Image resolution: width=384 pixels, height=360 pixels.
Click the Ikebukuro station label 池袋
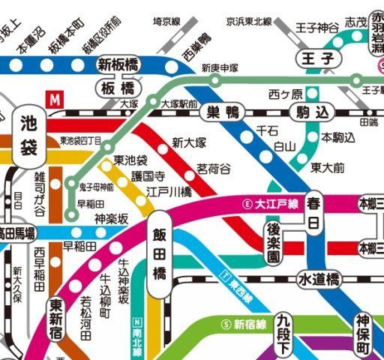(x=29, y=134)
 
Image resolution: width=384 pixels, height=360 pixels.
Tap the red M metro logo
(x=54, y=98)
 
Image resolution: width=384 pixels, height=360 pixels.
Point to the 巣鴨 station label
(x=223, y=113)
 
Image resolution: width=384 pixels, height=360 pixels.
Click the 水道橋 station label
(x=319, y=279)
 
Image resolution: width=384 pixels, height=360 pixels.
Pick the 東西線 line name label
(x=237, y=289)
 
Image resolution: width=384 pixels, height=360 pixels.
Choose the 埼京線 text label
(x=169, y=21)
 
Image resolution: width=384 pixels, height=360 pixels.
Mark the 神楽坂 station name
(x=112, y=218)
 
